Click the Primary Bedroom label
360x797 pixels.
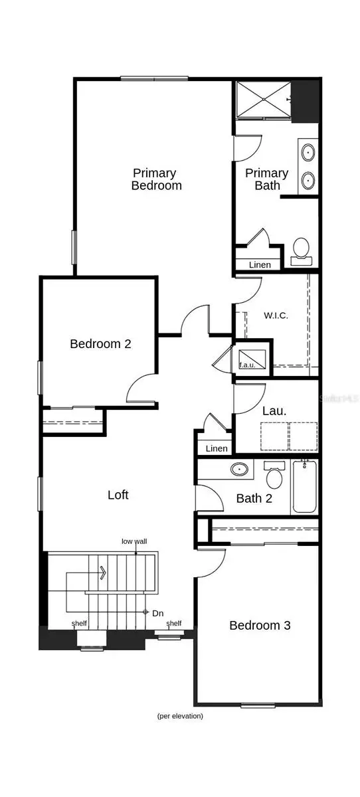click(156, 179)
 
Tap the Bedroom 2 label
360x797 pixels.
click(100, 344)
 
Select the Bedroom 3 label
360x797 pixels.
click(260, 626)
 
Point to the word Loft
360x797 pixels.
click(118, 495)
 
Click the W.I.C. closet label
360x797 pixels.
click(276, 315)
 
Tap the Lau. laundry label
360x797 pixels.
click(274, 411)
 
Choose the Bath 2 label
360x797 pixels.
click(254, 499)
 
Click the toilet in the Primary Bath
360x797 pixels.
click(301, 252)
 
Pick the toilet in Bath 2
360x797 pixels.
click(274, 475)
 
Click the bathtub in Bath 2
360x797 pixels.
click(304, 486)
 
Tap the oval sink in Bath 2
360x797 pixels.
click(239, 470)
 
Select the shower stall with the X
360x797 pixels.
click(264, 98)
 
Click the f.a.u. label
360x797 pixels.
click(247, 365)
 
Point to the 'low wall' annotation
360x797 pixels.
click(134, 541)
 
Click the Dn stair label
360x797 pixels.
click(157, 614)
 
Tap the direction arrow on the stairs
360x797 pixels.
click(103, 573)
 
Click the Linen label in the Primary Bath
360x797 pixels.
click(260, 265)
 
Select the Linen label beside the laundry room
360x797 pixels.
click(217, 449)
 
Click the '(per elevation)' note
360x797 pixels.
click(180, 715)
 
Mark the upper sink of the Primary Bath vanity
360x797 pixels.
click(308, 152)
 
